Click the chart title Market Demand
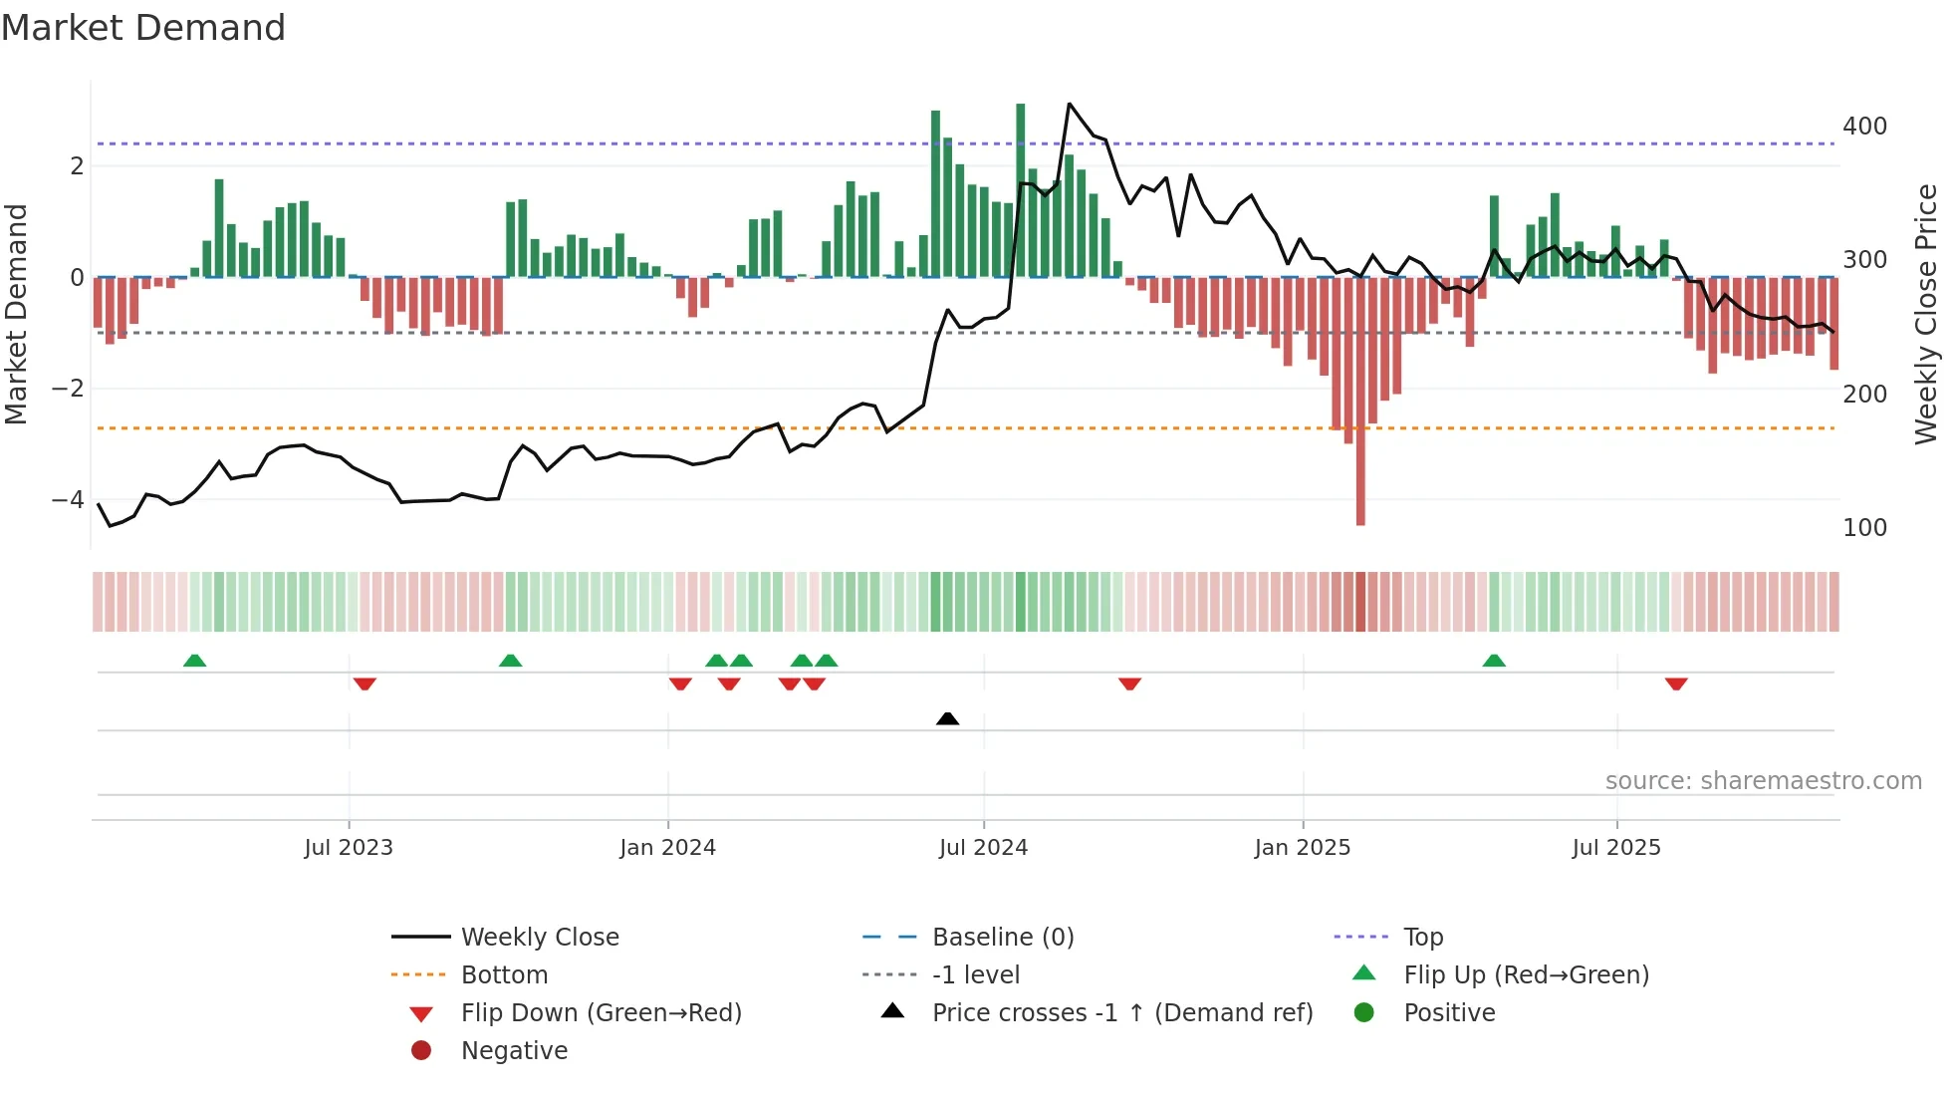pos(143,28)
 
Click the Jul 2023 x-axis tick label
pos(349,848)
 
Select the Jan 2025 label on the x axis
pos(1302,848)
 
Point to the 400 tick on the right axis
pos(1864,127)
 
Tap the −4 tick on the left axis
pos(68,499)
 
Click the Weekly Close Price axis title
pos(1926,314)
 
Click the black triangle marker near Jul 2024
pos(947,718)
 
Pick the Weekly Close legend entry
pos(539,938)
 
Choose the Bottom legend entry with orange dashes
pos(504,975)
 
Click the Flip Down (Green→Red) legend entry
pos(601,1013)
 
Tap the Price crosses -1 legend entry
pos(1121,1013)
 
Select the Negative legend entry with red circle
pos(514,1051)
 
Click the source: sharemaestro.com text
pos(1763,781)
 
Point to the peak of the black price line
pos(1069,104)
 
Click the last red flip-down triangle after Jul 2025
pos(1676,684)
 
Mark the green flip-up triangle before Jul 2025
pos(1493,661)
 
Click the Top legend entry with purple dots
pos(1422,938)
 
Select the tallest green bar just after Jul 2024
pos(1020,189)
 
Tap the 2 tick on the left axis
pos(77,166)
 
